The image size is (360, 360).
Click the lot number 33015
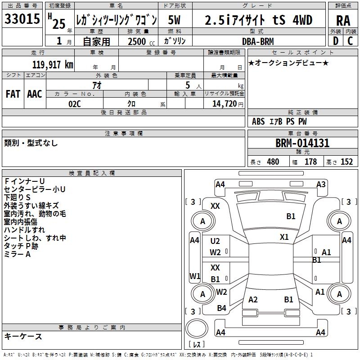pos(22,19)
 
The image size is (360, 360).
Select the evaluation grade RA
pos(343,20)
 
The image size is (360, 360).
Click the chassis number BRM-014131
pos(302,144)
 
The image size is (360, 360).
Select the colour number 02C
pos(75,103)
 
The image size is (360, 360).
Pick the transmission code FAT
pos(13,94)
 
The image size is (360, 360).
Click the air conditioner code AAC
pos(35,94)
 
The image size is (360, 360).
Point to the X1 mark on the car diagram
pos(284,237)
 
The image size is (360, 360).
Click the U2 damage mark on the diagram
pos(216,242)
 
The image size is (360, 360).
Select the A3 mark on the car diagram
pos(321,184)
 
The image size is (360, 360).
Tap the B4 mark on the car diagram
pos(221,308)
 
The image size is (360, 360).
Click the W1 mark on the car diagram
pos(194,276)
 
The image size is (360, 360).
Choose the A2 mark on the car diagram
pos(253,300)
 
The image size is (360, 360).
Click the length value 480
pos(273,162)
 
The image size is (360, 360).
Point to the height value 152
pos(346,162)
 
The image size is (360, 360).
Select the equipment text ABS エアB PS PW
pos(280,121)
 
